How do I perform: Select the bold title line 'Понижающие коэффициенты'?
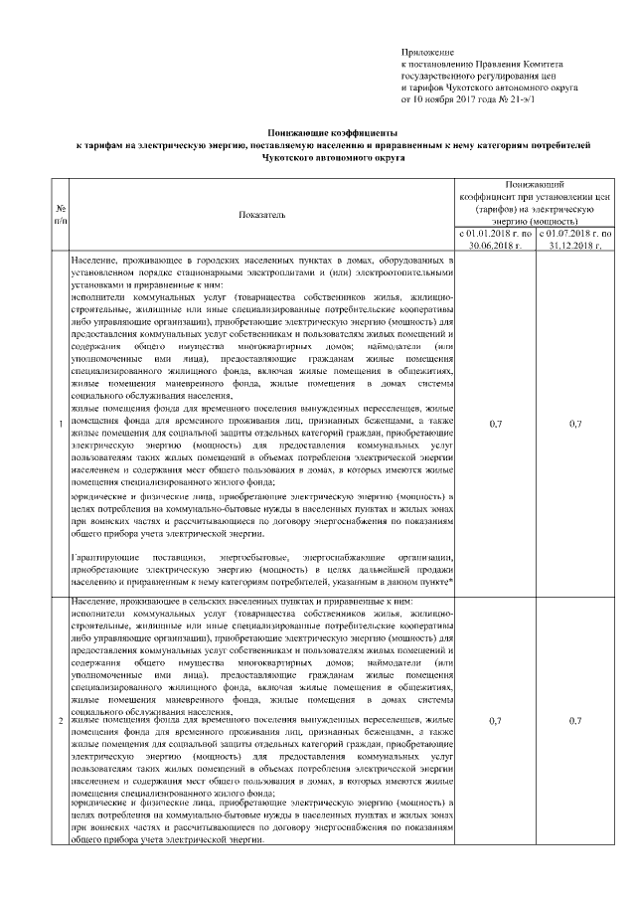tap(332, 132)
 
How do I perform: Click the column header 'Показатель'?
tap(261, 213)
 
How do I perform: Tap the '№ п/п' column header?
tap(62, 213)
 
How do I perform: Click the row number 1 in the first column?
tap(62, 425)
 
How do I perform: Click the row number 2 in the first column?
tap(62, 720)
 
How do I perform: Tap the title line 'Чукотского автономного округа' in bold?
tap(332, 157)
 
